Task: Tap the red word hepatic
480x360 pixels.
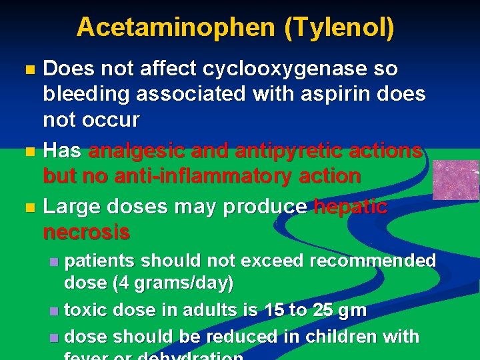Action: [351, 207]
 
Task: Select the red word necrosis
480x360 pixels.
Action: [87, 232]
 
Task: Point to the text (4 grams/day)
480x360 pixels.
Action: [173, 283]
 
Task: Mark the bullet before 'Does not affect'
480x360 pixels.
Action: [28, 69]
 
